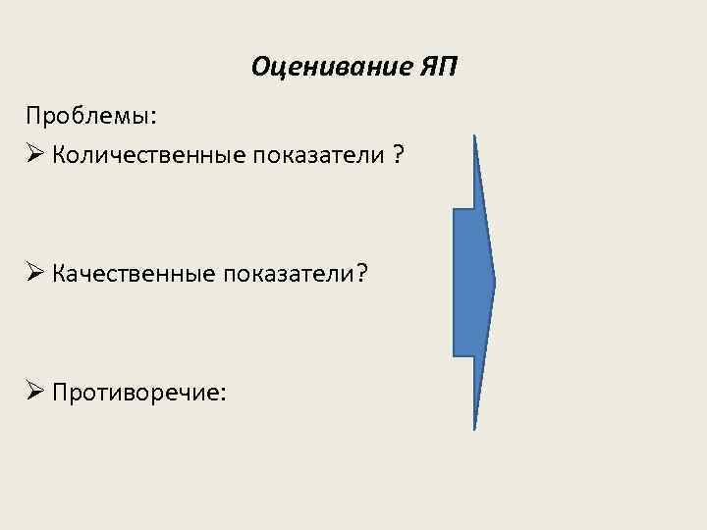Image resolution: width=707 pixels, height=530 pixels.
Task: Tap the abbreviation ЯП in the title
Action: (437, 68)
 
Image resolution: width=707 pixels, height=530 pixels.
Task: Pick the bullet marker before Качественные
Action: (35, 274)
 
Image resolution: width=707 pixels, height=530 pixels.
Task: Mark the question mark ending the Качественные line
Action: (361, 274)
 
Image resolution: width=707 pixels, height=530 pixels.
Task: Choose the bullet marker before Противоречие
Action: (35, 393)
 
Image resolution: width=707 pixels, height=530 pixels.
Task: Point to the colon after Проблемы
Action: (152, 117)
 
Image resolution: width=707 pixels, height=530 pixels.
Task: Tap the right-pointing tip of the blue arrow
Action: (494, 283)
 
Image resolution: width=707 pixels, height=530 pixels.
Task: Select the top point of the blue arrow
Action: (474, 137)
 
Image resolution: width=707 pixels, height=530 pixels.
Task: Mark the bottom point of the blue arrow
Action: (474, 427)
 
